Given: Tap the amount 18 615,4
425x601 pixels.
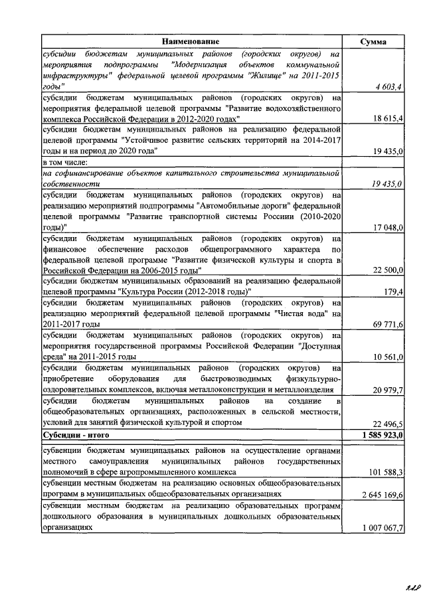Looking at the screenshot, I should [387, 118].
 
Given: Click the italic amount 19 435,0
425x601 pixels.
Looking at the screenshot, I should [387, 183].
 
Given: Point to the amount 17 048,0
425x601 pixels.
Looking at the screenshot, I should [387, 227].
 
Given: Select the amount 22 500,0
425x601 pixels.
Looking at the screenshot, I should [387, 270].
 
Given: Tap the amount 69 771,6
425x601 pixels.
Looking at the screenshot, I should [387, 323].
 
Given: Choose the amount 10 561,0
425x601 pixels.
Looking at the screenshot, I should [387, 357].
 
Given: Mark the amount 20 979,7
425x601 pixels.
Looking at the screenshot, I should [387, 390].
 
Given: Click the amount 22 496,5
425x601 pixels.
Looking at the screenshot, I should [387, 423].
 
